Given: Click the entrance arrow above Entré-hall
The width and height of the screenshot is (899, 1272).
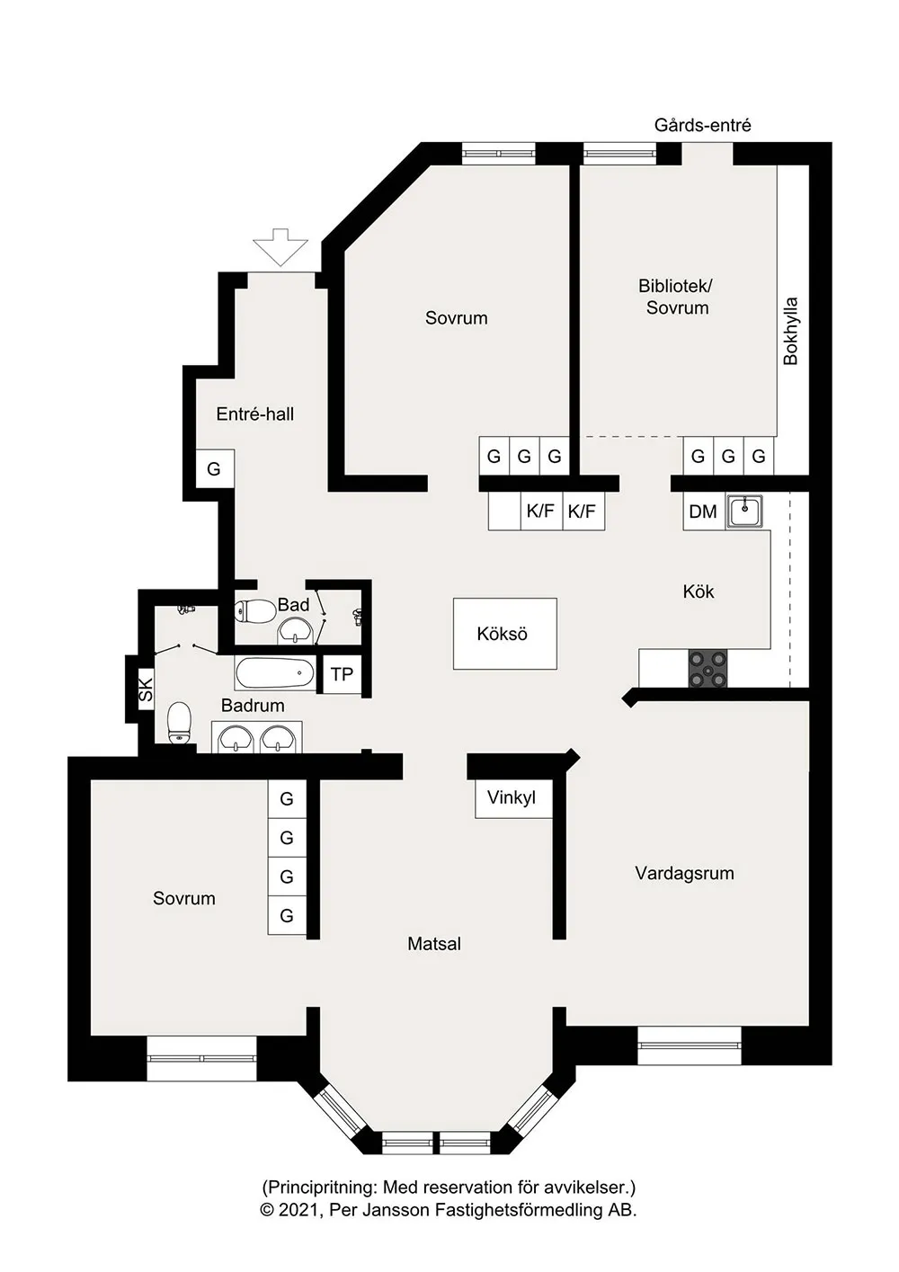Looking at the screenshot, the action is [280, 247].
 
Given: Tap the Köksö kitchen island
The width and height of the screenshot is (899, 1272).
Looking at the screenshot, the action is [505, 634].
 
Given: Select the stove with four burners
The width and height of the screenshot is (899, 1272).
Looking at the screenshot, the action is [707, 670].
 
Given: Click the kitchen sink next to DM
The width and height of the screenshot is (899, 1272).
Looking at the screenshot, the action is [744, 511].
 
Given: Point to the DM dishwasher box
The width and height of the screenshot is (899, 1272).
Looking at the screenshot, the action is [704, 511].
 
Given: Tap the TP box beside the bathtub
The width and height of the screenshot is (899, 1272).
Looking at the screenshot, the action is [342, 674].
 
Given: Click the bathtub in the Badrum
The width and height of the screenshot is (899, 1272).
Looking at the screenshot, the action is [275, 673].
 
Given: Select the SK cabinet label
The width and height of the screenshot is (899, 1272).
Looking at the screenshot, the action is [146, 689].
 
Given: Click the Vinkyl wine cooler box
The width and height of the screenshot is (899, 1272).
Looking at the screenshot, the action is [513, 797].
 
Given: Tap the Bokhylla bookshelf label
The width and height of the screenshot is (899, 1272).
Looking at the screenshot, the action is [790, 331].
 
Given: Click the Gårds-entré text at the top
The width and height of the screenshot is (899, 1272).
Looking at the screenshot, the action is [702, 125].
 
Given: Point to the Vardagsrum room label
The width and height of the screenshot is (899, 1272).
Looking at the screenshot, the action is [684, 873].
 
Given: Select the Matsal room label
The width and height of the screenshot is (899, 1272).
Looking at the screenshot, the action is [434, 944].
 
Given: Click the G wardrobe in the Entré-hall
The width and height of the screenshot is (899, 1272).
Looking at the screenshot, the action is [215, 468].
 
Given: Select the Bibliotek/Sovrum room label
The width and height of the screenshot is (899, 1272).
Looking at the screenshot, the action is [676, 297].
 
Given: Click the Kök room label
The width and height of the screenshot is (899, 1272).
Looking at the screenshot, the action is [698, 592].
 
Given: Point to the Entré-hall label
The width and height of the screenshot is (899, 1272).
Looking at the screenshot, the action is [255, 414].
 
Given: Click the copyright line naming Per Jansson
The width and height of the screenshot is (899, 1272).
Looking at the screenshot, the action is [449, 1210].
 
